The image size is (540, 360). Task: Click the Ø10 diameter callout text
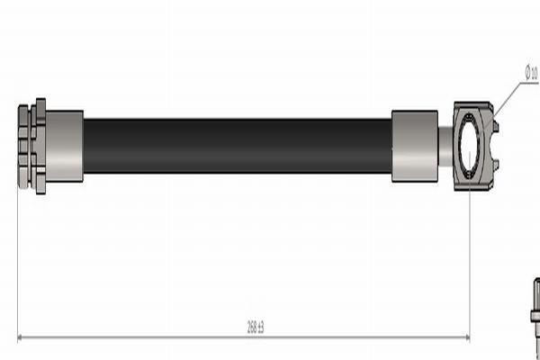pyautogui.click(x=531, y=72)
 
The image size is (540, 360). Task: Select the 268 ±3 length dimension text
pyautogui.click(x=256, y=329)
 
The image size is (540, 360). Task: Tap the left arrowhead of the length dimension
pyautogui.click(x=22, y=338)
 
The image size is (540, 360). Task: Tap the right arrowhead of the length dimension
pyautogui.click(x=465, y=338)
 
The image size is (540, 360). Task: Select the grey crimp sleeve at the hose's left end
pyautogui.click(x=64, y=146)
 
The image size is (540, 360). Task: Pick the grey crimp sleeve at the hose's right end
pyautogui.click(x=415, y=146)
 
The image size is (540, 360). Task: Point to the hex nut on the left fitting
pyautogui.click(x=24, y=146)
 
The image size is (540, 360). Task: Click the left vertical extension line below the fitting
pyautogui.click(x=18, y=261)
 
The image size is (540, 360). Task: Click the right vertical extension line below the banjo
pyautogui.click(x=470, y=261)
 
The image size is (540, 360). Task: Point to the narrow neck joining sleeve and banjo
pyautogui.click(x=445, y=146)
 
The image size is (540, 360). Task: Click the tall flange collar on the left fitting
pyautogui.click(x=40, y=146)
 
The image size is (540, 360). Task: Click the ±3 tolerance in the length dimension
pyautogui.click(x=261, y=329)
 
